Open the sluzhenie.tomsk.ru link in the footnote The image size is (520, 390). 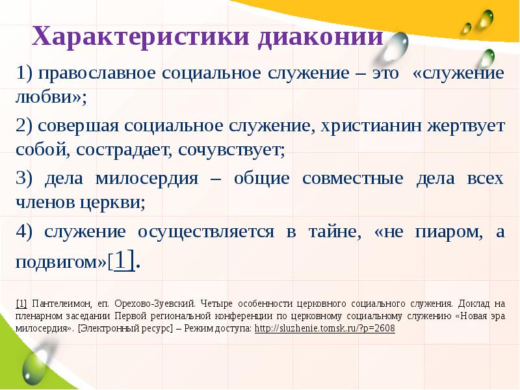[x=325, y=328]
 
